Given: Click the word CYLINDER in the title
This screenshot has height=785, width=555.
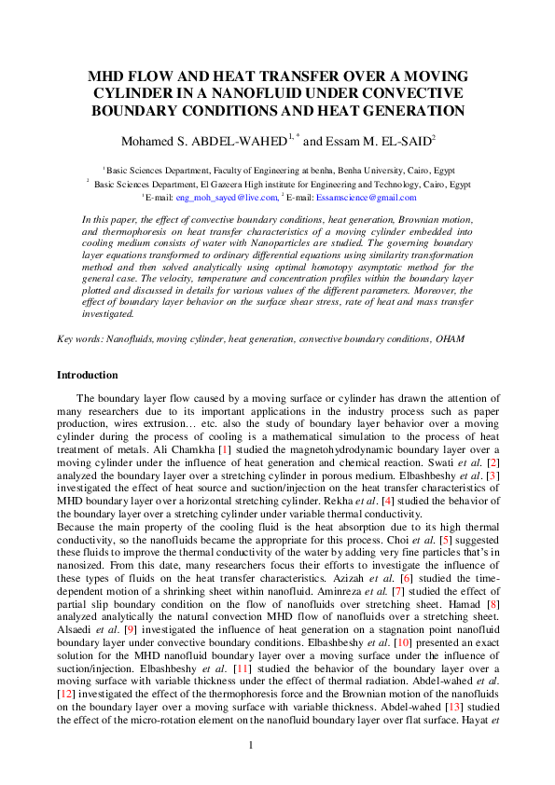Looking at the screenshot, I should pyautogui.click(x=129, y=93).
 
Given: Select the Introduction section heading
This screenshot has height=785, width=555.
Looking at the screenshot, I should pyautogui.click(x=88, y=375).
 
